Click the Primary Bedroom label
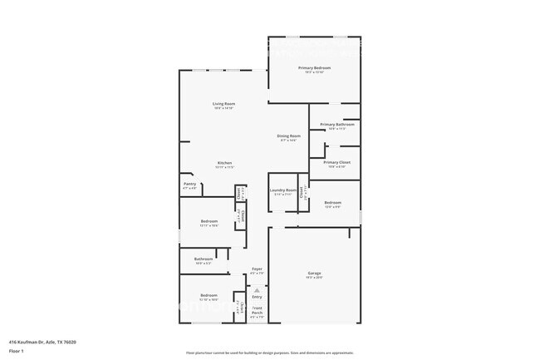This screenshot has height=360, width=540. [314, 67]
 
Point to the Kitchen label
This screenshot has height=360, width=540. [224, 163]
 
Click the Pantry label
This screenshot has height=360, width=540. [189, 185]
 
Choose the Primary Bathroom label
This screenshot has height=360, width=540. [336, 125]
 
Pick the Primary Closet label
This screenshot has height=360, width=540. [336, 162]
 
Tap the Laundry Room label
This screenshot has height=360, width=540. [282, 190]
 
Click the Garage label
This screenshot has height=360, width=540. [315, 274]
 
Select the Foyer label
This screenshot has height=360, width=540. [257, 269]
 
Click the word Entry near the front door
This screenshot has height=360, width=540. [257, 296]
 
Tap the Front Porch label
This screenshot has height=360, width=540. [257, 312]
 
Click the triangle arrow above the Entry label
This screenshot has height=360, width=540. [257, 288]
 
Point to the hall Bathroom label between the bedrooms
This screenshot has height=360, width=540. [204, 259]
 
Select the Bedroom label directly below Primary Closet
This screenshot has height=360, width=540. [332, 203]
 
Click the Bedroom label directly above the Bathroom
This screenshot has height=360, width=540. [209, 221]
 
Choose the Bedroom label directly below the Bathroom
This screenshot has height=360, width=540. [209, 295]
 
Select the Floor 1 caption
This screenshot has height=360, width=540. [16, 351]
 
